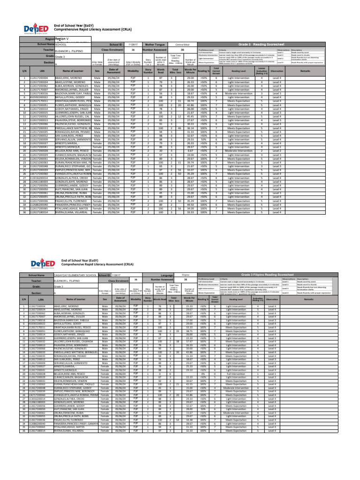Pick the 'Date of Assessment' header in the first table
click(x=114, y=70)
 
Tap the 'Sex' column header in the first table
click(x=97, y=70)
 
